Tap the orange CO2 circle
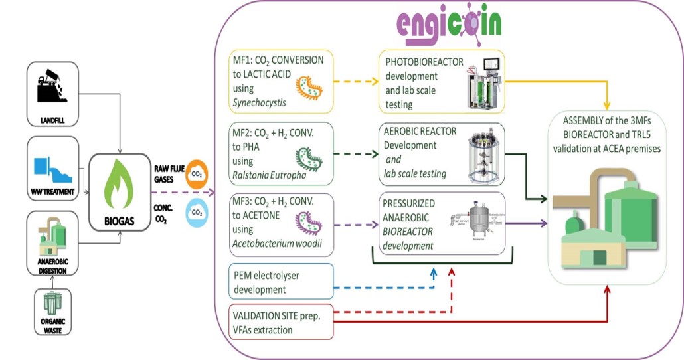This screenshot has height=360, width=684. [x=197, y=173]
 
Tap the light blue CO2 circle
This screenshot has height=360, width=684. [x=197, y=213]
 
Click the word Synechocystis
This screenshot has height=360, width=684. [x=258, y=102]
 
